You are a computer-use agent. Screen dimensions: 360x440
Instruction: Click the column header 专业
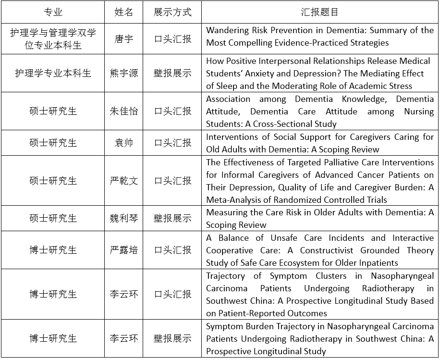pyautogui.click(x=53, y=12)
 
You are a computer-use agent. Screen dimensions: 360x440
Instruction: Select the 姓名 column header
pyautogui.click(x=123, y=12)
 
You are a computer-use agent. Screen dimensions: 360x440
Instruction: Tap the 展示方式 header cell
pyautogui.click(x=172, y=12)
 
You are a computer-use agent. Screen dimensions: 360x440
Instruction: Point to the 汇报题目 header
pyautogui.click(x=319, y=12)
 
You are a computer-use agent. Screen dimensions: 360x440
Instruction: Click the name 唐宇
pyautogui.click(x=123, y=38)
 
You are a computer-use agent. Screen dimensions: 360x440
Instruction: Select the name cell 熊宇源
pyautogui.click(x=123, y=73)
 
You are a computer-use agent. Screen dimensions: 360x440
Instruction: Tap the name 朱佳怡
pyautogui.click(x=123, y=111)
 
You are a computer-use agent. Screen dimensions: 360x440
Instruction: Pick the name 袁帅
pyautogui.click(x=123, y=143)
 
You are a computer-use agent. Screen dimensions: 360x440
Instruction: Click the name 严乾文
pyautogui.click(x=123, y=181)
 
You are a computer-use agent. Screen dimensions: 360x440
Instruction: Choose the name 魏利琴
pyautogui.click(x=123, y=218)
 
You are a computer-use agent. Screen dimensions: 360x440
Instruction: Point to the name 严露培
pyautogui.click(x=123, y=250)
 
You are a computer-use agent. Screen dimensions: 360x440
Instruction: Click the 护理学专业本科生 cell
pyautogui.click(x=53, y=73)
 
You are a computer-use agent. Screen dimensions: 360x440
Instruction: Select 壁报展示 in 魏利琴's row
pyautogui.click(x=172, y=218)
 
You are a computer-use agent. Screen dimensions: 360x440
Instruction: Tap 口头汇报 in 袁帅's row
pyautogui.click(x=172, y=143)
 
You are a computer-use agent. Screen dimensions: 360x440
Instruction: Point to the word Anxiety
pyautogui.click(x=269, y=74)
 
